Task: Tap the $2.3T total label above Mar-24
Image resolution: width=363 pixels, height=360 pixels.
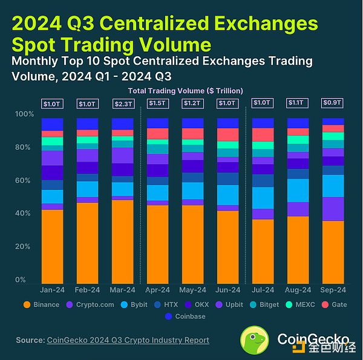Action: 122,103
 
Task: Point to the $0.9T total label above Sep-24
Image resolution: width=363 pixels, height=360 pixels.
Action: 333,103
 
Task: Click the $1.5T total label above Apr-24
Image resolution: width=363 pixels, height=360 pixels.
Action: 157,103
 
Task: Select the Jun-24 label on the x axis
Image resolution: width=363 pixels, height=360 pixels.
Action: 227,290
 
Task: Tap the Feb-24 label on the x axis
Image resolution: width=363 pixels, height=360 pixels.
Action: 87,290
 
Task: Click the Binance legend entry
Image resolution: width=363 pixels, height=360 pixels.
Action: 42,304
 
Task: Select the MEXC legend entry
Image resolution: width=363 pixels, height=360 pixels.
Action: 295,304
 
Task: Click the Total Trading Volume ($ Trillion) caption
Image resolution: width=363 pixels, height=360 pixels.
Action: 185,90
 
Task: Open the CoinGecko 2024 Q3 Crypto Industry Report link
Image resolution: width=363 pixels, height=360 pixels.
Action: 128,340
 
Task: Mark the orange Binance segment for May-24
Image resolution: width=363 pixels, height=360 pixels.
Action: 192,244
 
